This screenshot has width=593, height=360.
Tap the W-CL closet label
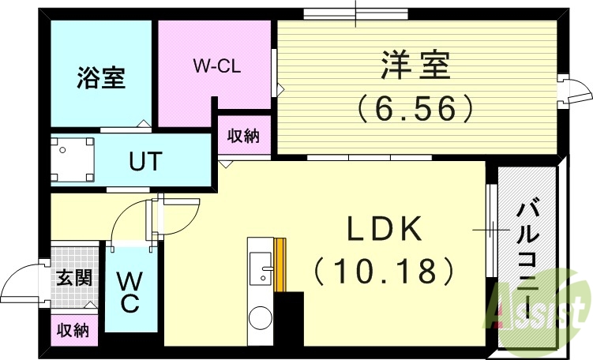pyautogui.click(x=216, y=66)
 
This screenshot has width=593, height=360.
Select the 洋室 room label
pyautogui.click(x=416, y=65)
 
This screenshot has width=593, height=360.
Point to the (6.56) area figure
pyautogui.click(x=416, y=107)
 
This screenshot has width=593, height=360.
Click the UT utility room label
pyautogui.click(x=146, y=162)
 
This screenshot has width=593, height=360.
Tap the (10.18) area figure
pyautogui.click(x=385, y=272)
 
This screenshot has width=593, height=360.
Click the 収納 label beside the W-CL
pyautogui.click(x=244, y=136)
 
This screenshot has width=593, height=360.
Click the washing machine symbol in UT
pyautogui.click(x=72, y=160)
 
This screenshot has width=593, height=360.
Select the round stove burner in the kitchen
pyautogui.click(x=260, y=321)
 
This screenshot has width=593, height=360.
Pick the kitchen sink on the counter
pyautogui.click(x=258, y=269)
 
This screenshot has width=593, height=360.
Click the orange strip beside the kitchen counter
pyautogui.click(x=280, y=265)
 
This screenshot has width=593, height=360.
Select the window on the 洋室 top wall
pyautogui.click(x=356, y=13)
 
